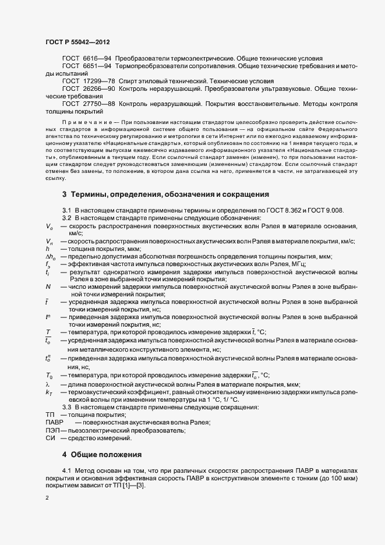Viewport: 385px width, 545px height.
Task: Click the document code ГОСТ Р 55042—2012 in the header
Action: pos(77,43)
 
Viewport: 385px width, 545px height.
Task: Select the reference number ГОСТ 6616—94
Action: pos(87,60)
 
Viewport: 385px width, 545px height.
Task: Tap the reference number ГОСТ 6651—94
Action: pos(87,68)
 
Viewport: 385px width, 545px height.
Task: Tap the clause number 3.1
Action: pos(66,210)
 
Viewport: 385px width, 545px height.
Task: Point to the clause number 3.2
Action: pos(66,217)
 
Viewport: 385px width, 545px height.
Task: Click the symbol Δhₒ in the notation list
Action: pos(51,256)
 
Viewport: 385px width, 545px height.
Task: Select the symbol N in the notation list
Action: pos(48,286)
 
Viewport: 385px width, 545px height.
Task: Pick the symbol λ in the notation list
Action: pos(47,384)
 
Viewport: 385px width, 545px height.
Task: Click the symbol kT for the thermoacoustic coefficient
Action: pos(49,392)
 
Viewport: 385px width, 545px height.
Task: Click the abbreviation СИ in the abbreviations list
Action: pos(50,438)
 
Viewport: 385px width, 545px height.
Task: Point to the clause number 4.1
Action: pos(66,470)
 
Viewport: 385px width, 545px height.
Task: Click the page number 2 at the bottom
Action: pos(47,498)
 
